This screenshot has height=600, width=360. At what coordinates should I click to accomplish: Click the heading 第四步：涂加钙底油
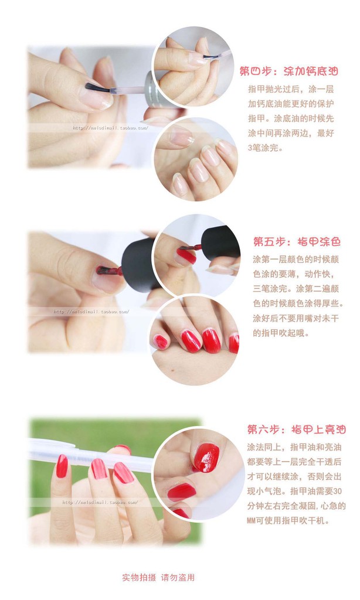point(289,71)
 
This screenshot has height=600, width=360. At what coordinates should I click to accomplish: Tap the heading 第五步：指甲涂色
point(297,242)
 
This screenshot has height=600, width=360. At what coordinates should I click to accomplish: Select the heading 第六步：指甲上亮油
point(297,429)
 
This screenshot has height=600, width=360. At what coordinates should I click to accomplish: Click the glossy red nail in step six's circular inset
point(206,458)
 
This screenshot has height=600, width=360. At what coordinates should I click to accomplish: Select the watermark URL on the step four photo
point(110,128)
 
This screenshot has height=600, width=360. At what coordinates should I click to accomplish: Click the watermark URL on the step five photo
point(91,312)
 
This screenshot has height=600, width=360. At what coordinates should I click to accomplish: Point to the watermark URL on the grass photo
point(100,502)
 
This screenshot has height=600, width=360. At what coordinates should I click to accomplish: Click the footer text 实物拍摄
point(139,577)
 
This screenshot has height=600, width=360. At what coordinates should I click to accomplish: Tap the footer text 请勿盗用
point(178,577)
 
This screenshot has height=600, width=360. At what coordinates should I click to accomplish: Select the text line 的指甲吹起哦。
point(281,333)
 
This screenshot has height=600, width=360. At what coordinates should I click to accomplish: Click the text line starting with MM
point(288,520)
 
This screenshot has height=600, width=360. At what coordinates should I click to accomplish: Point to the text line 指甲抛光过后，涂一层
point(291,89)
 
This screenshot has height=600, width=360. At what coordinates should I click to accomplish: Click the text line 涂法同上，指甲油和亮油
point(294,447)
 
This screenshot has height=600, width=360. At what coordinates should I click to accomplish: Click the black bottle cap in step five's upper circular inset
point(220,243)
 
